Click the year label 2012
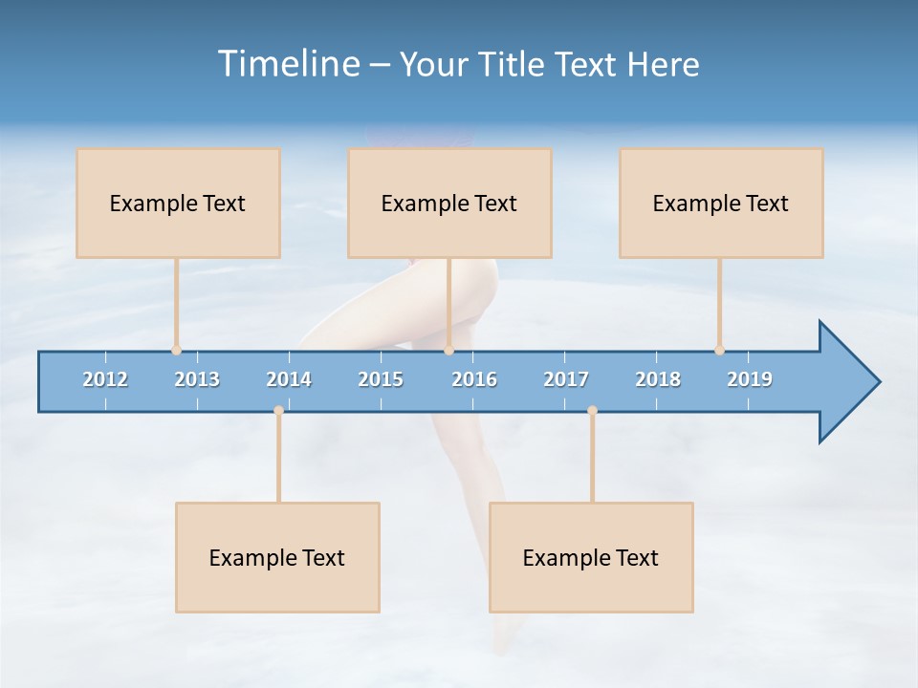pyautogui.click(x=105, y=379)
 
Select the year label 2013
pyautogui.click(x=197, y=379)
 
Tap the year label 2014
pyautogui.click(x=289, y=379)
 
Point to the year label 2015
pyautogui.click(x=381, y=379)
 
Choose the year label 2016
pyautogui.click(x=474, y=379)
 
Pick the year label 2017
pyautogui.click(x=566, y=379)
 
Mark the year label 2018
pyautogui.click(x=658, y=379)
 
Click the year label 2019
pyautogui.click(x=750, y=379)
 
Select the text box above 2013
pyautogui.click(x=178, y=203)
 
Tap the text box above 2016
pyautogui.click(x=449, y=203)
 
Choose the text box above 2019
pyautogui.click(x=721, y=203)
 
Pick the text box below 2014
pyautogui.click(x=277, y=557)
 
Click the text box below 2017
pyautogui.click(x=591, y=557)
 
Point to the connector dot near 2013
pyautogui.click(x=176, y=350)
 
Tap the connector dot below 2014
pyautogui.click(x=278, y=410)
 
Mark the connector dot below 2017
pyautogui.click(x=592, y=410)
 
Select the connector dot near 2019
pyautogui.click(x=719, y=350)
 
